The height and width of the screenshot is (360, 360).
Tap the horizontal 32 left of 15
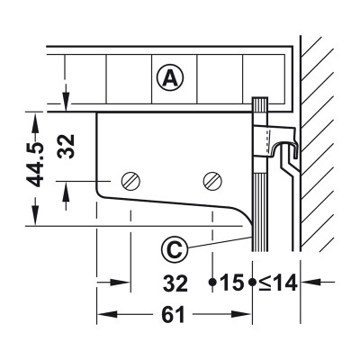pos(176,284)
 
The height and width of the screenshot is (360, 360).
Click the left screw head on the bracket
pos(131,181)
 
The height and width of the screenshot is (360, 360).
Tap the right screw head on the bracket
pos(212,181)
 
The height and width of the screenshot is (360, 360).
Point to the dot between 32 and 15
pos(212,283)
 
